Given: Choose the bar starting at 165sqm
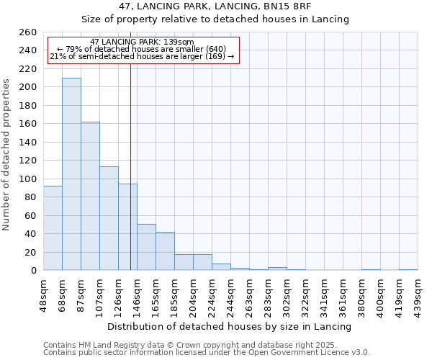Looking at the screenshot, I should click(x=165, y=251).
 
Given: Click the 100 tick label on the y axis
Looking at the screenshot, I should click(x=28, y=179).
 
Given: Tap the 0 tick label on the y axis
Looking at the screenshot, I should click(x=33, y=271).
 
